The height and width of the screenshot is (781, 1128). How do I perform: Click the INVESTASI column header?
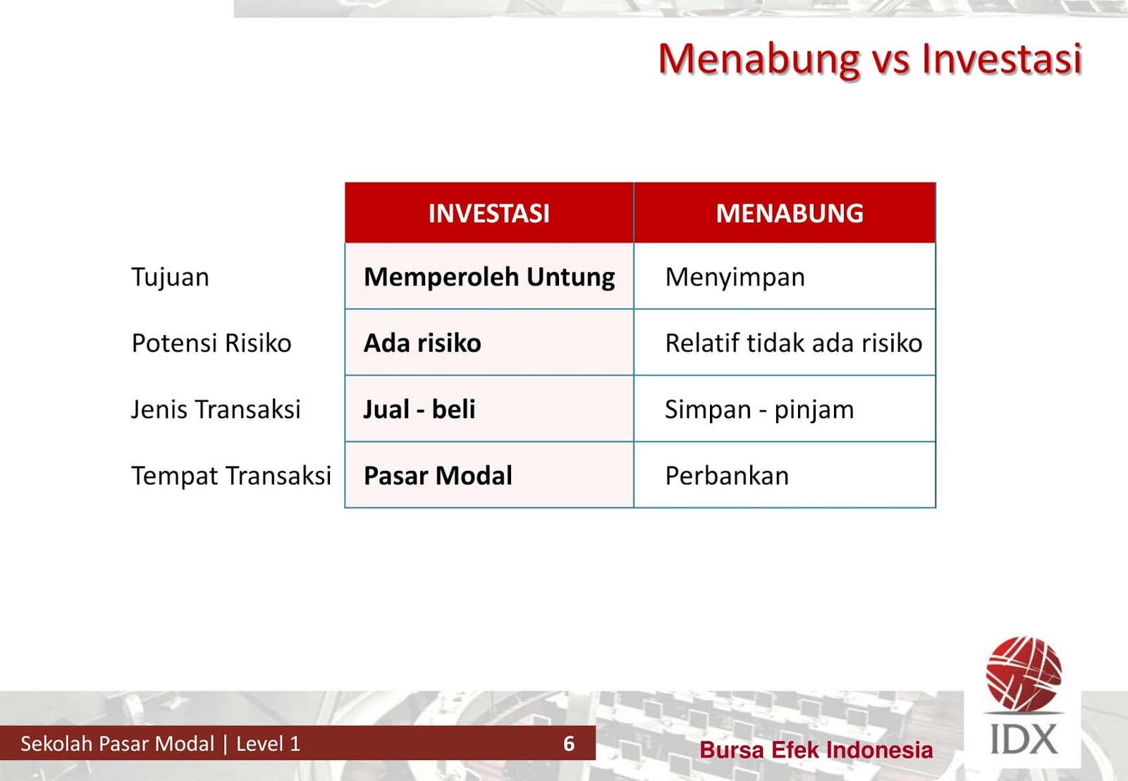click(489, 214)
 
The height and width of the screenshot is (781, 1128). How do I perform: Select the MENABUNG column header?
click(789, 214)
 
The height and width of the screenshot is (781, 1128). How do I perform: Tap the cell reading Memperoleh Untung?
click(489, 277)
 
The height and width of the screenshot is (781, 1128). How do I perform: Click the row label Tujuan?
click(170, 278)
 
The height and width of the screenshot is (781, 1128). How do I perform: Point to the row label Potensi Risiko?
click(211, 343)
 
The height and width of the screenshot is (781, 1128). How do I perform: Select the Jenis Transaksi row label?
click(216, 410)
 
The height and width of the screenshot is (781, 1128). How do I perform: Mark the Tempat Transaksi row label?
click(231, 476)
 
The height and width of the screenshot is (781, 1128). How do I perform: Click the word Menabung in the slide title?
click(759, 59)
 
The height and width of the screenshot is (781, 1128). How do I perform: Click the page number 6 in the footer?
click(569, 744)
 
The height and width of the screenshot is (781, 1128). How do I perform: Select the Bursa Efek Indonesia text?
click(816, 750)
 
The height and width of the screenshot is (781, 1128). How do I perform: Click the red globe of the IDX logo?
click(1023, 673)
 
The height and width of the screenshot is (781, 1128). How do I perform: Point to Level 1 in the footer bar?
click(268, 744)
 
